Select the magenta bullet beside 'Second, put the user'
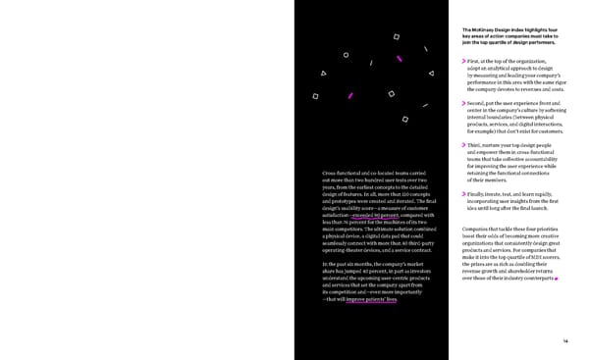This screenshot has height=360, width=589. [464, 103]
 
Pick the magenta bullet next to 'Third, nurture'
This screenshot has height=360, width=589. [464, 145]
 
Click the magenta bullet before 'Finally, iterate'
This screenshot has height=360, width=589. [464, 194]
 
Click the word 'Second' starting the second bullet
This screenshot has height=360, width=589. [480, 103]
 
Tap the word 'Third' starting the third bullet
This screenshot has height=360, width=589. [477, 145]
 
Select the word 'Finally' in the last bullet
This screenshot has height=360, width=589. [480, 194]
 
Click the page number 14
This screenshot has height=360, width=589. [566, 340]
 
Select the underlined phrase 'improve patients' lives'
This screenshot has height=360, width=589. [371, 299]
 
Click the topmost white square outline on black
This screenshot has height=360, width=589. [397, 37]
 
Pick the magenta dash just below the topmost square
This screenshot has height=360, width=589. [399, 58]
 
